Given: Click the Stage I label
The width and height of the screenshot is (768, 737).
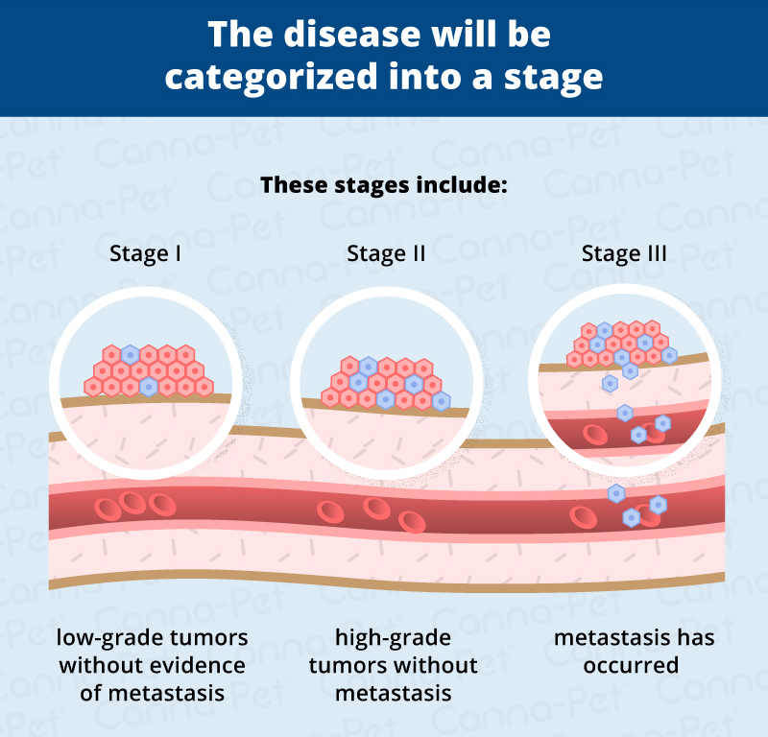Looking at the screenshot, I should click(147, 254).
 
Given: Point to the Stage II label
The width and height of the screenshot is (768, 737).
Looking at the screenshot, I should click(386, 254).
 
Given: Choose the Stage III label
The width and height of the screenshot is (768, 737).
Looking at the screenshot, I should click(624, 254).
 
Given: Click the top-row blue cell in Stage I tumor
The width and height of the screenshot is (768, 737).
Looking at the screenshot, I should click(130, 354).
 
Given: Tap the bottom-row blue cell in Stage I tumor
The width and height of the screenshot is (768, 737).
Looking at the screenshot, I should click(148, 387).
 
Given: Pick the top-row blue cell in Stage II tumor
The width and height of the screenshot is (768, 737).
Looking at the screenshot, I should click(368, 366).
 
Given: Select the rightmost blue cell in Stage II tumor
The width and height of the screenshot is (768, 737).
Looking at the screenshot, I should click(441, 401).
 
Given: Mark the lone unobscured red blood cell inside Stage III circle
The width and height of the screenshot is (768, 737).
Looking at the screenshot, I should click(594, 430).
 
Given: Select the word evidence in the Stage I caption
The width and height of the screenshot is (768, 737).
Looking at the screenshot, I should click(199, 665).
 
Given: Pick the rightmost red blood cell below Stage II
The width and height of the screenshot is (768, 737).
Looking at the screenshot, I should click(412, 521).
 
